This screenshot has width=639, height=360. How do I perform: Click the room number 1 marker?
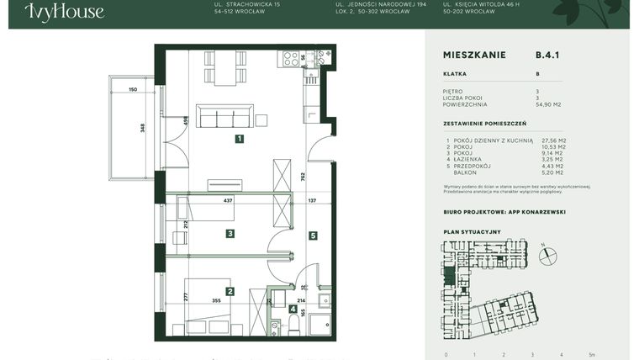pos(240,139)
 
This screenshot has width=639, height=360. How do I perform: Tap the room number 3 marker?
pos(230,233)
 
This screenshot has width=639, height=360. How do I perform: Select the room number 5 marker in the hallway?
pos(312,236)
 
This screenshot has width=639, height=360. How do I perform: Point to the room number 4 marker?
pos(292,309)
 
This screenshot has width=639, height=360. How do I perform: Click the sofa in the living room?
pos(224,116)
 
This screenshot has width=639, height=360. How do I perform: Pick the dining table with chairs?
pos(224,67)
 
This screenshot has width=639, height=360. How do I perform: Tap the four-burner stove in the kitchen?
pos(291,59)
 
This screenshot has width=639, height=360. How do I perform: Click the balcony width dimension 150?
pos(133,89)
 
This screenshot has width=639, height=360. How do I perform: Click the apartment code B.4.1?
pos(547,55)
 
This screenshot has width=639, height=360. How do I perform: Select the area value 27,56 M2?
pos(554,140)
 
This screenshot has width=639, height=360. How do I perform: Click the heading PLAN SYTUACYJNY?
pos(471,230)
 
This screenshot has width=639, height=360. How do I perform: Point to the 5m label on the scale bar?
pos(592,354)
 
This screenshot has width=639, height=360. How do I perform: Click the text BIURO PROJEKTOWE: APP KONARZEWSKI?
pos(504,212)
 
